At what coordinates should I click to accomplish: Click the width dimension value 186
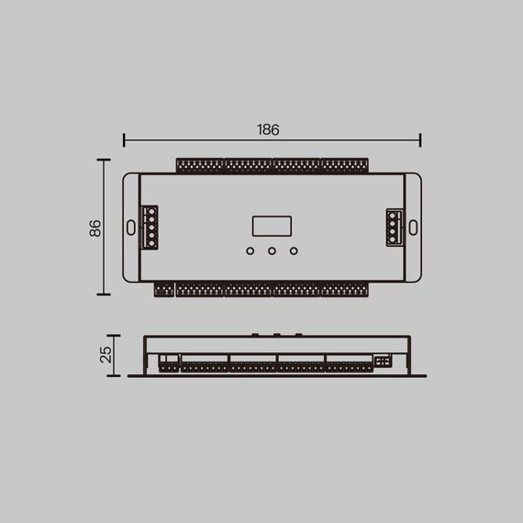pyautogui.click(x=268, y=129)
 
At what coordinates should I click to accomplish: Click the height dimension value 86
pyautogui.click(x=95, y=228)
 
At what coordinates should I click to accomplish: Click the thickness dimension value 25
pyautogui.click(x=106, y=354)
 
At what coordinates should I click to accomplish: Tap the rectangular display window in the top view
pyautogui.click(x=272, y=227)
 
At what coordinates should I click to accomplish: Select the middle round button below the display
pyautogui.click(x=272, y=250)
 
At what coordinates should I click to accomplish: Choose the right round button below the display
pyautogui.click(x=294, y=250)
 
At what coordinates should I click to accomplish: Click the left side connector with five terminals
pyautogui.click(x=150, y=228)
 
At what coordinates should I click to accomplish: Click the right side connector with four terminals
pyautogui.click(x=394, y=228)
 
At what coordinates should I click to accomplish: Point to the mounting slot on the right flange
pyautogui.click(x=412, y=227)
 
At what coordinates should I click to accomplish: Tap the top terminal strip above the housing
pyautogui.click(x=272, y=166)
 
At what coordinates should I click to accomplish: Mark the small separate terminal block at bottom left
pyautogui.click(x=163, y=290)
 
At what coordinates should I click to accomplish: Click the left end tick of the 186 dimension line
pyautogui.click(x=124, y=139)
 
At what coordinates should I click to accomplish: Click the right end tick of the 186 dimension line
pyautogui.click(x=420, y=139)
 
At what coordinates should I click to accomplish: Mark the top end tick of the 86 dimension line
pyautogui.click(x=104, y=160)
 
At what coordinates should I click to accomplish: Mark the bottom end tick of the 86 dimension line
pyautogui.click(x=104, y=295)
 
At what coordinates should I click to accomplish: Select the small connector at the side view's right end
pyautogui.click(x=382, y=361)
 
